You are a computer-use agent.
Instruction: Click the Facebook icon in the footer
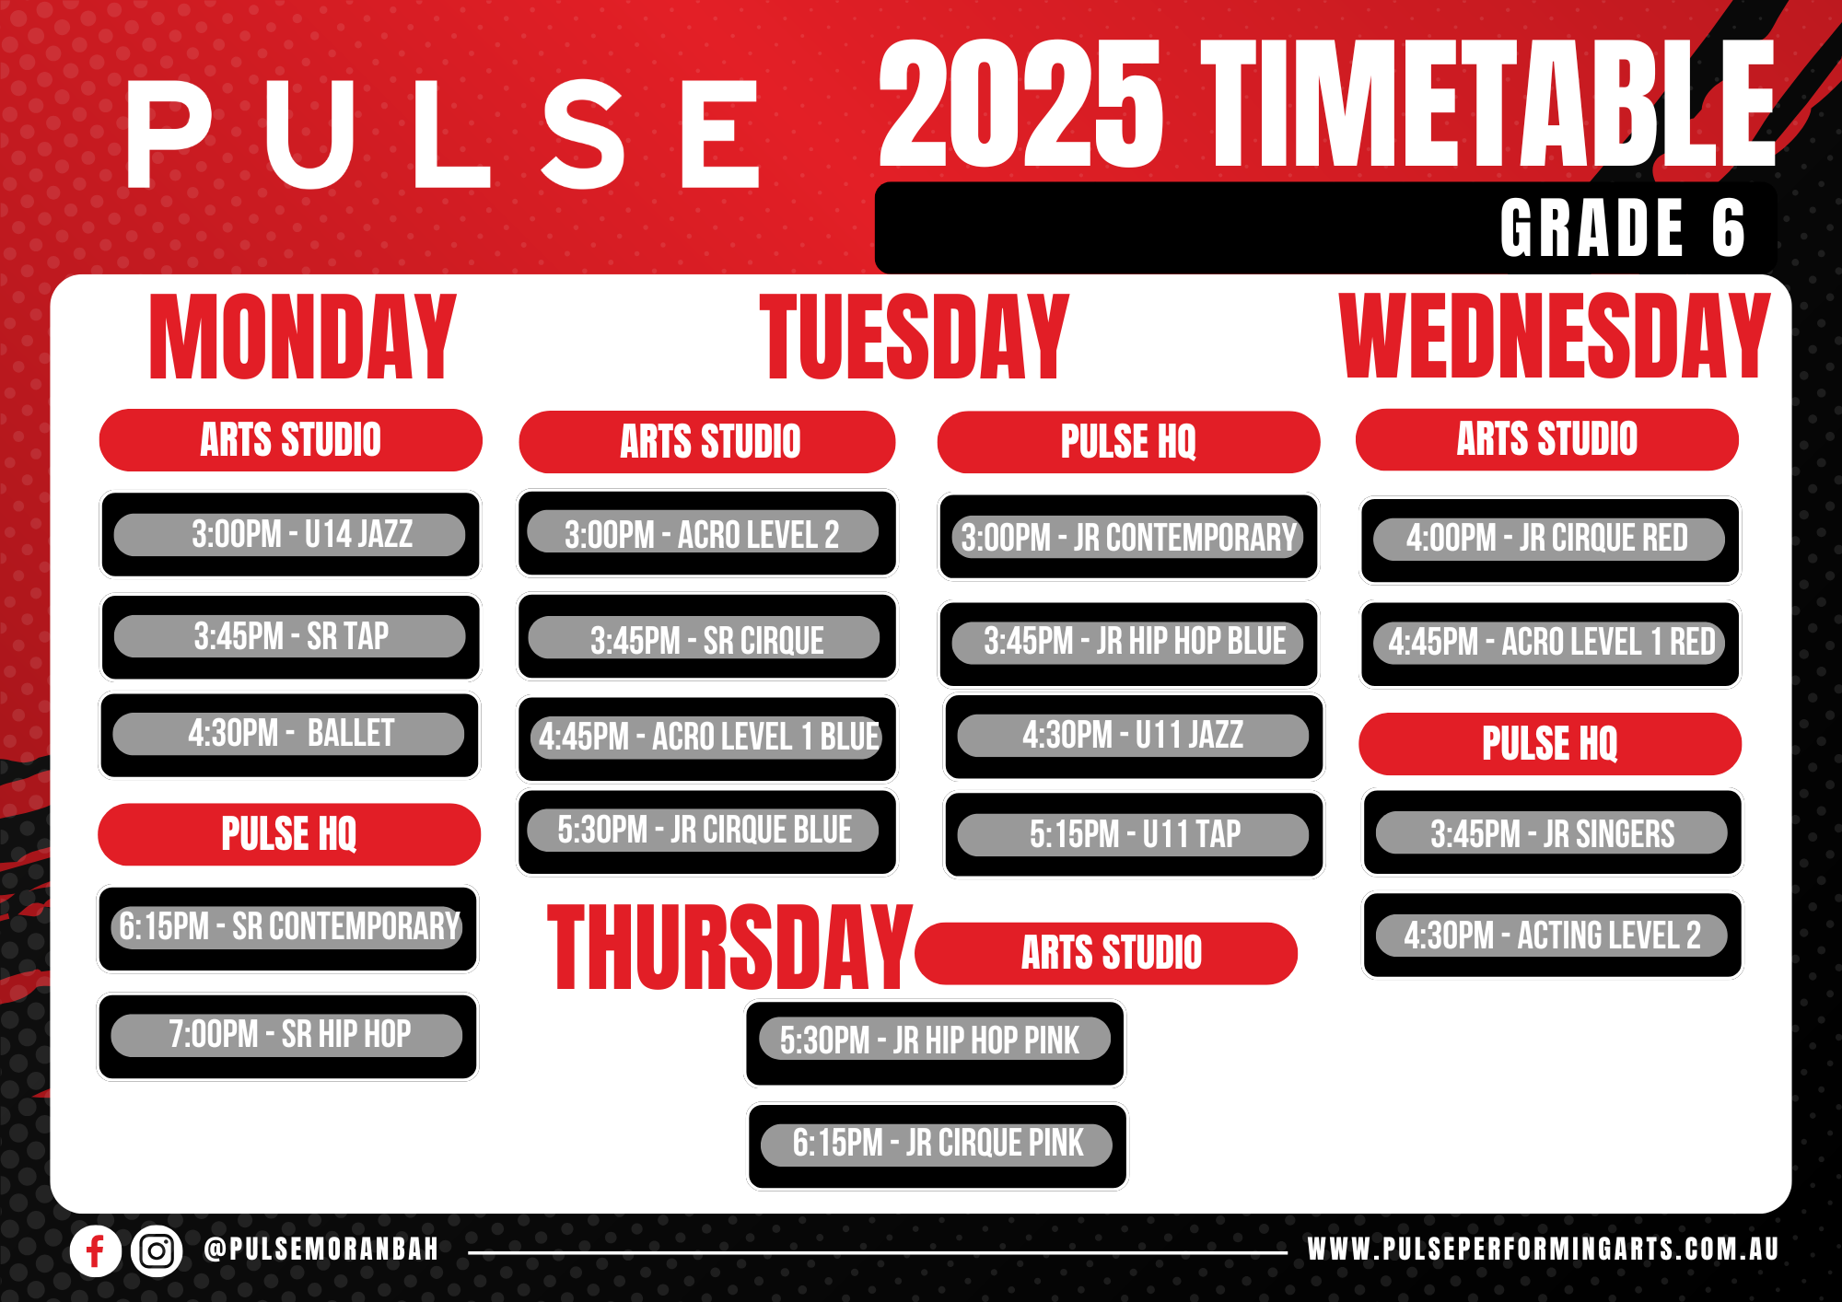coord(96,1251)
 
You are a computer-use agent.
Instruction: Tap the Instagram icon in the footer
coord(157,1251)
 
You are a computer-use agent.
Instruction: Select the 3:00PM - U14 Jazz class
coord(290,534)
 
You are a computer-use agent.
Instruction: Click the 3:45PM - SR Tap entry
coord(290,636)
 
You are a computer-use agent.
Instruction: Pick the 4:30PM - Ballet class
coord(289,735)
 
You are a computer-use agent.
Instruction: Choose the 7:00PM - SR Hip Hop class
coord(287,1035)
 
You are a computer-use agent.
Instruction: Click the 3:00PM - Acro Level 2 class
coord(707,533)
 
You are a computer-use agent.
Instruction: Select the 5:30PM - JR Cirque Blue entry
coord(707,831)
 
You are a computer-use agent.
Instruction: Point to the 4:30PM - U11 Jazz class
coord(1134,737)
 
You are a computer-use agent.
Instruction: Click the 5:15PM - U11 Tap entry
coord(1134,834)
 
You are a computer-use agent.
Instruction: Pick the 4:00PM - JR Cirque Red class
coord(1550,540)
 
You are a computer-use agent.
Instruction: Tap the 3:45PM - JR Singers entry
coord(1552,832)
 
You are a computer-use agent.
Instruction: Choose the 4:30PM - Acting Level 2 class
coord(1552,935)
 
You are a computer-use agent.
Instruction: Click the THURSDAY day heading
coord(729,947)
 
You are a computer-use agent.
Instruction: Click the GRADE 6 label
coord(1623,228)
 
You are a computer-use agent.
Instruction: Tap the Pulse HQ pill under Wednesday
coord(1550,744)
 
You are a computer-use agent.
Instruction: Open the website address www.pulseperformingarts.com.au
coord(1543,1250)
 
